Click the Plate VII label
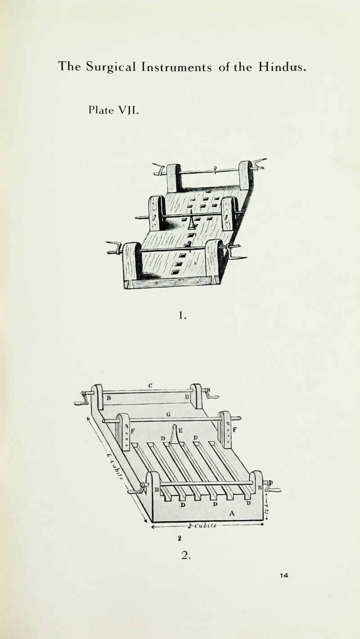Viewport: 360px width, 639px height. [117, 109]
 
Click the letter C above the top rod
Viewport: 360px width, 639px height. [152, 385]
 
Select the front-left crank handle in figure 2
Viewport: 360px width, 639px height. [137, 489]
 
